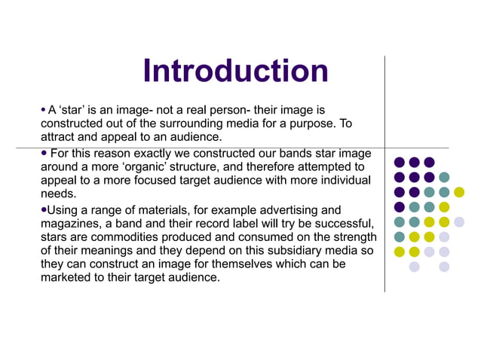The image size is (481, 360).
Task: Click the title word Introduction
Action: click(x=235, y=72)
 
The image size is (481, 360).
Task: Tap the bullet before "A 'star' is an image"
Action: click(x=43, y=110)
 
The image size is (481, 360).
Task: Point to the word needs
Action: click(x=59, y=194)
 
